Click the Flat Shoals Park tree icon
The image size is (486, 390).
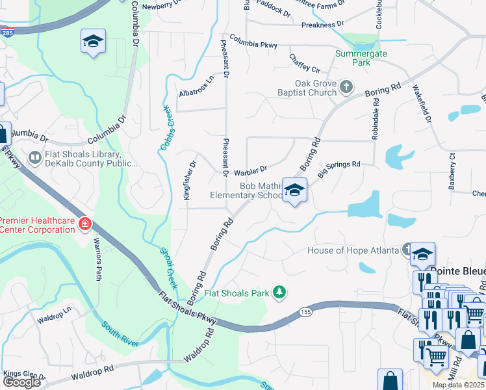point(279,293)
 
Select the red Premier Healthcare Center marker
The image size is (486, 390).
point(84,225)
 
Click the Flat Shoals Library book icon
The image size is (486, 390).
point(34,157)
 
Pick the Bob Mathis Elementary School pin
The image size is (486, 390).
point(294,190)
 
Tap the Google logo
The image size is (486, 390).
point(21,382)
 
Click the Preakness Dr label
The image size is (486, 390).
point(322,25)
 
